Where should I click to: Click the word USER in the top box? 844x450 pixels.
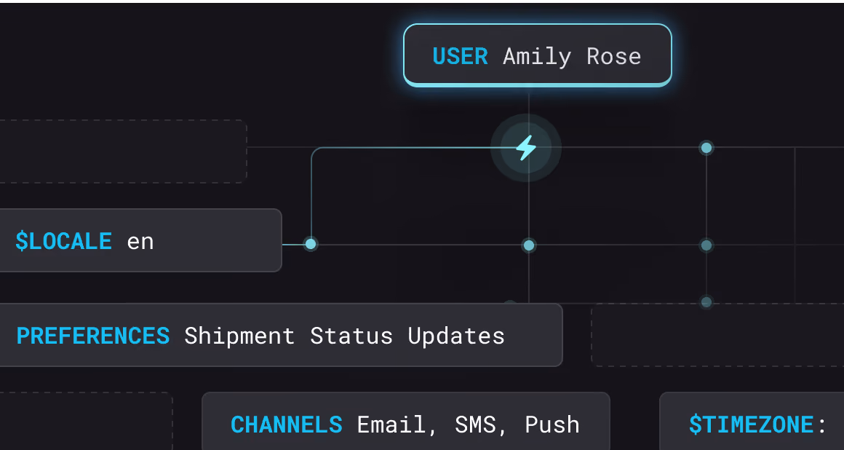tap(461, 57)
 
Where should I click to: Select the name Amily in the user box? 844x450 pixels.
tap(537, 57)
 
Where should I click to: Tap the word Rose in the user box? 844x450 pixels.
tap(613, 57)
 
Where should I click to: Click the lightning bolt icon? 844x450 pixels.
tap(526, 148)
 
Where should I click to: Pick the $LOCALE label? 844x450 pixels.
tap(63, 241)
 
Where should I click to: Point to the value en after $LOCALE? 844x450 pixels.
tap(140, 242)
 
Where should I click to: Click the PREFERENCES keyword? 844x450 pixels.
tap(93, 336)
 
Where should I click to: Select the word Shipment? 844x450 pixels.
tap(239, 336)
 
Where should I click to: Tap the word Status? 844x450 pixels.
tap(351, 336)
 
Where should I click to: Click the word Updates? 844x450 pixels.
tap(456, 336)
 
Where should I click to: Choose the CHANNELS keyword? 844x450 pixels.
tap(287, 425)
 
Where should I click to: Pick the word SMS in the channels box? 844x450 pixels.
tap(475, 425)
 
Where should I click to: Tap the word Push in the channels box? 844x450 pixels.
tap(552, 425)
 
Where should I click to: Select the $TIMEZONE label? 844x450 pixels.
tap(752, 425)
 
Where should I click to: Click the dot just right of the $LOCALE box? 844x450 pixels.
tap(311, 244)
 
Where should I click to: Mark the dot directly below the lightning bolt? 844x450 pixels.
tap(528, 245)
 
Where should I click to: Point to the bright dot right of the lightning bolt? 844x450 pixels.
tap(706, 148)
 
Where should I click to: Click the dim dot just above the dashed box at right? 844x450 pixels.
tap(706, 302)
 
